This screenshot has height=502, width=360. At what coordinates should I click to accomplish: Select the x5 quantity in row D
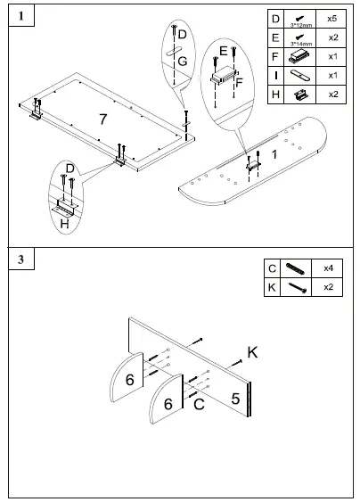point(332,18)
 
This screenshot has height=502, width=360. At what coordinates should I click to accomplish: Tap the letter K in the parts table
point(272,287)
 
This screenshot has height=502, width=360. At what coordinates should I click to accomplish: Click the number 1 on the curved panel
point(274,154)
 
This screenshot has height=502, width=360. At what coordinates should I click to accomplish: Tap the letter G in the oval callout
point(181,61)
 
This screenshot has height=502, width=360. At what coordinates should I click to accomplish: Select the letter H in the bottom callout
point(64,225)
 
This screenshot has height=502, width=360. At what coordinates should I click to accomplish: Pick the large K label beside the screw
point(252,353)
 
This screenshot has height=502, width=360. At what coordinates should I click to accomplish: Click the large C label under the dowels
point(200,403)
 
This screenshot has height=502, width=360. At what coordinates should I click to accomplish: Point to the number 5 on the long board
point(235,398)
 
